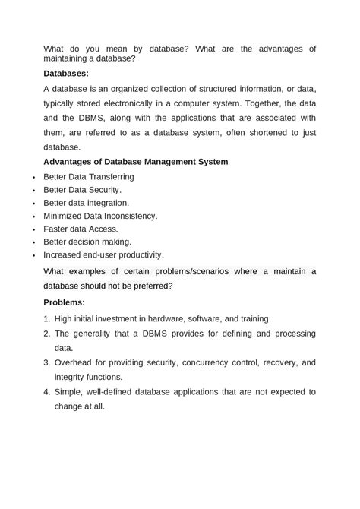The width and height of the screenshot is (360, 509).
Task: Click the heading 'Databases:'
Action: [x=66, y=74]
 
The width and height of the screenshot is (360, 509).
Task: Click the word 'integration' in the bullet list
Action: [x=106, y=203]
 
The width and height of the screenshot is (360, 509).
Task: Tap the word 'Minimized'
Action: [x=64, y=216]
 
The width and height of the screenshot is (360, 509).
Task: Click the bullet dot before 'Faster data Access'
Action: [x=33, y=229]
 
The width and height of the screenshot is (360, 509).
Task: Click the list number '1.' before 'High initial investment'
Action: [x=46, y=318]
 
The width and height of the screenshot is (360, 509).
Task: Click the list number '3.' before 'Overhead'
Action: [x=46, y=362]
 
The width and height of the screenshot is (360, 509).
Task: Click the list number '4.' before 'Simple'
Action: [x=46, y=391]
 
